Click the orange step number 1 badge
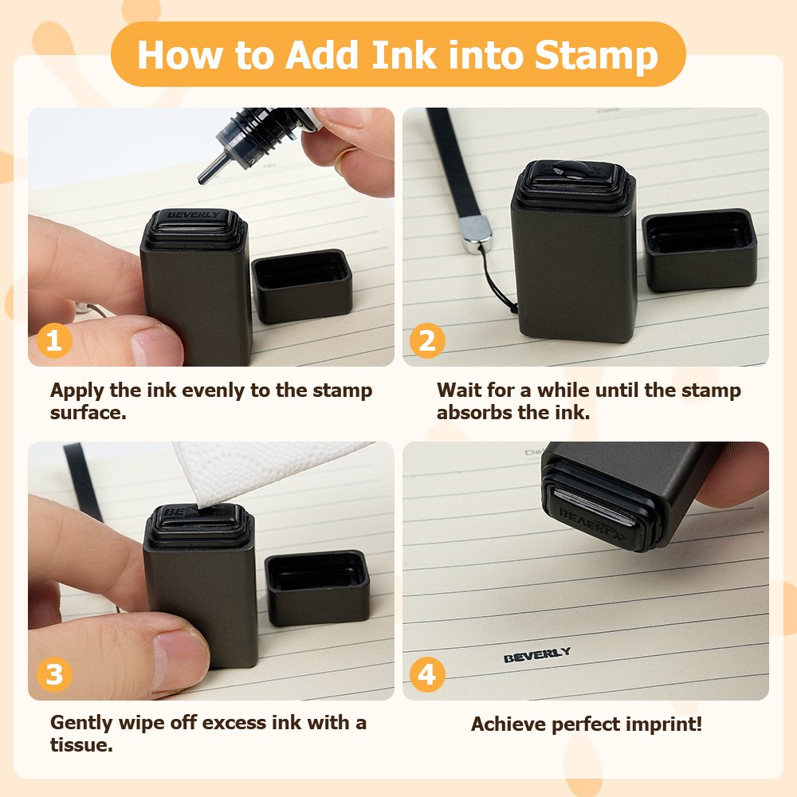[x=54, y=340]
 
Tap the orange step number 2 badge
[x=427, y=340]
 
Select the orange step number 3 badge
[x=54, y=674]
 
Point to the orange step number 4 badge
[x=427, y=674]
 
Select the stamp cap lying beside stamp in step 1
[x=302, y=285]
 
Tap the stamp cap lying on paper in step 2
[x=700, y=250]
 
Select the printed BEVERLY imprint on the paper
[x=536, y=654]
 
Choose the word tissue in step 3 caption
[x=81, y=745]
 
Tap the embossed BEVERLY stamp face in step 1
[x=194, y=215]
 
